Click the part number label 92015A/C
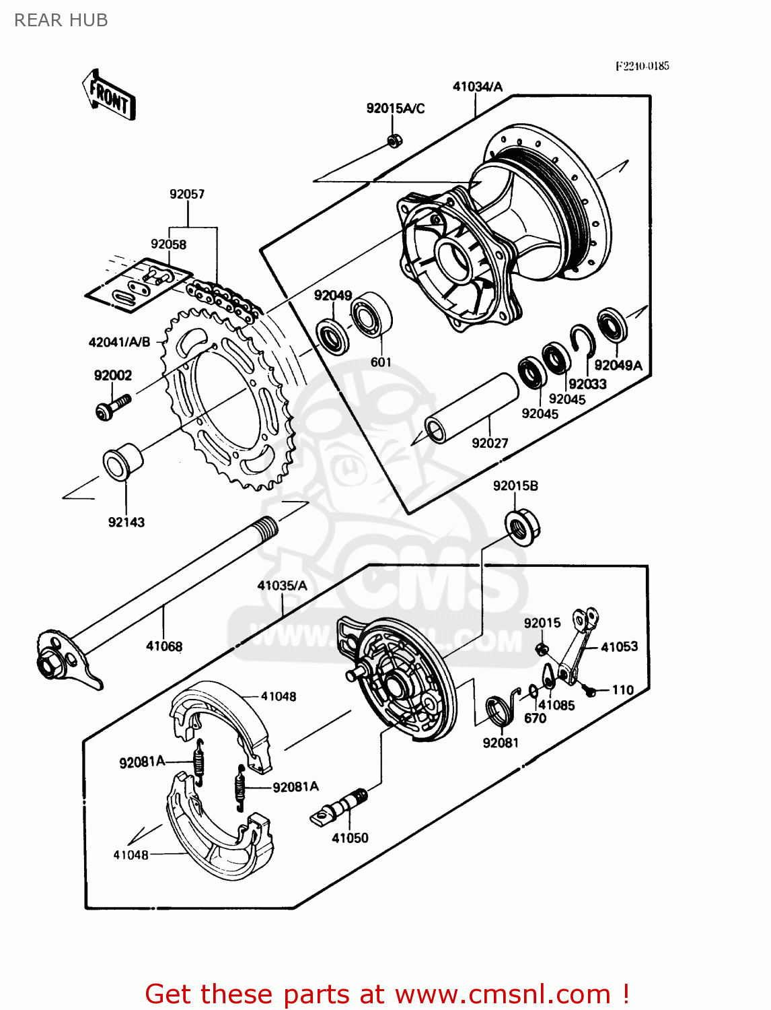[395, 108]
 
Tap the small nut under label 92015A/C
[395, 140]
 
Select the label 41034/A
[477, 86]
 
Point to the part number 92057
[187, 194]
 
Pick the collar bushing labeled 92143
[122, 461]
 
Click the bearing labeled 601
[371, 315]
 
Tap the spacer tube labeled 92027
[471, 409]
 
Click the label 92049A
[618, 366]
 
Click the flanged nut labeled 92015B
[522, 528]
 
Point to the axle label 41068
[164, 646]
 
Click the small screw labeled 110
[591, 691]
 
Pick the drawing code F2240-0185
[642, 66]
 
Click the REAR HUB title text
[61, 21]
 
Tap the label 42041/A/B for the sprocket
[119, 342]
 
